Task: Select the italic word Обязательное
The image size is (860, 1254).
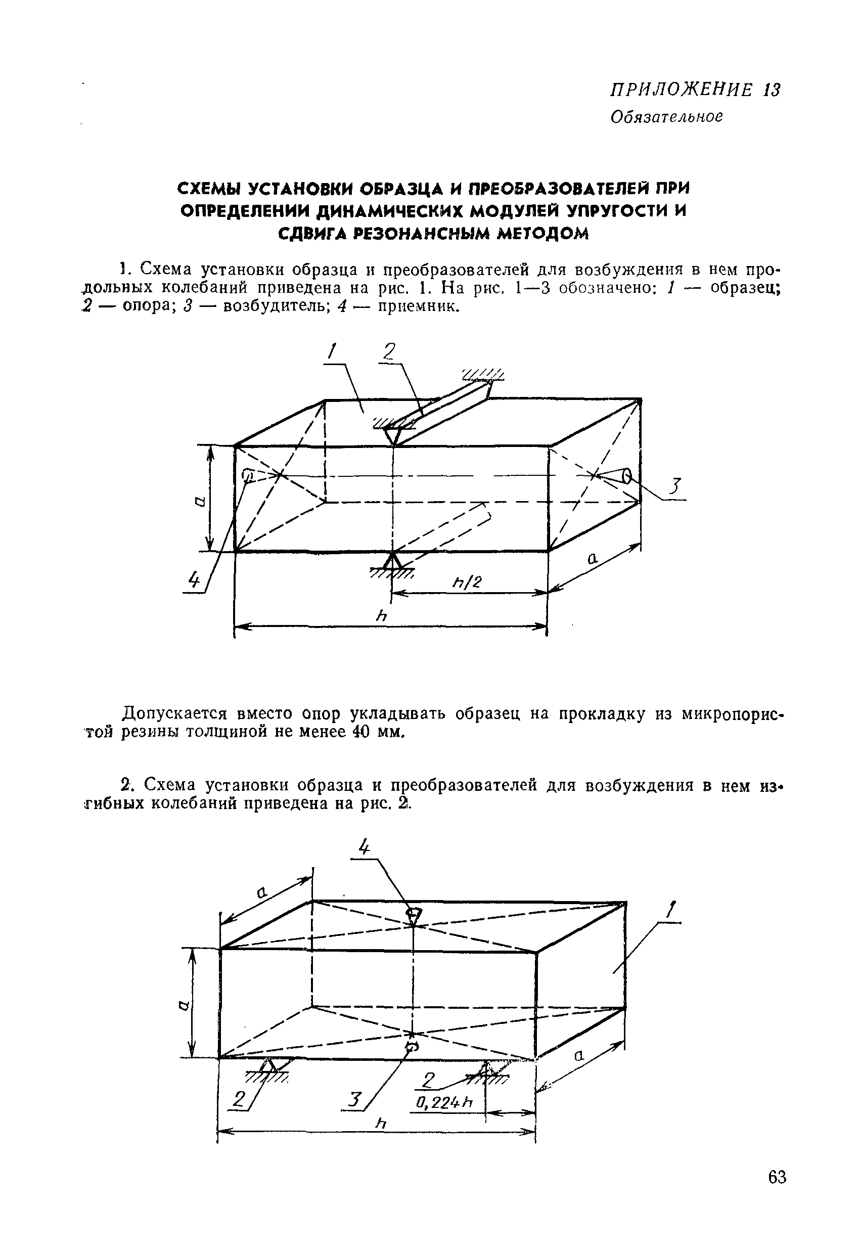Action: (x=666, y=116)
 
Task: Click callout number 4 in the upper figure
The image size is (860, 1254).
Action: (x=193, y=580)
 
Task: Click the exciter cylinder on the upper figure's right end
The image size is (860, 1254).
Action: (x=627, y=476)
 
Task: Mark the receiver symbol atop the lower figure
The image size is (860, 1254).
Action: (x=413, y=913)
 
